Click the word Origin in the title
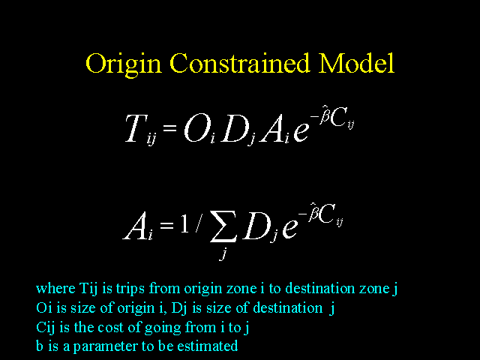(123, 65)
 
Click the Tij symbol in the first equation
(141, 130)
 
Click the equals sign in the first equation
(170, 127)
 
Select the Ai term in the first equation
(274, 130)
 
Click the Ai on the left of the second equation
(138, 226)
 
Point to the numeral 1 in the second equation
(184, 225)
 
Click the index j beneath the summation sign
(223, 254)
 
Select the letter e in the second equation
(290, 229)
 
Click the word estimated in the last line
(208, 346)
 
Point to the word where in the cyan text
(55, 288)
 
